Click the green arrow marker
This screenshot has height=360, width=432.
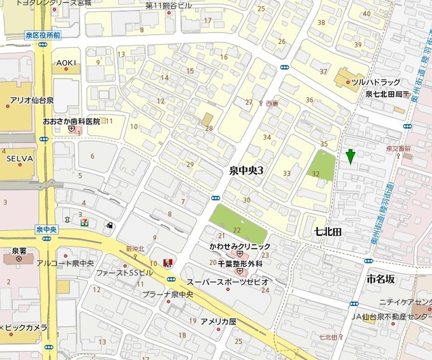click(350, 156)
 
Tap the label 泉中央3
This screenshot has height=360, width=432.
click(242, 170)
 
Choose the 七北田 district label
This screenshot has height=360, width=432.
click(328, 232)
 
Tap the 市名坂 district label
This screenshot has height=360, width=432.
click(381, 278)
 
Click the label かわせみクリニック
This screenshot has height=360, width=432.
click(240, 247)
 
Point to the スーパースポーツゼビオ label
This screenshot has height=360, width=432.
click(227, 282)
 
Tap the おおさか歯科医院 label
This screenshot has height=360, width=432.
click(71, 122)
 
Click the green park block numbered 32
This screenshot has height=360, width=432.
click(322, 165)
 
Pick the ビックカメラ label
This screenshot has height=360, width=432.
click(27, 328)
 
